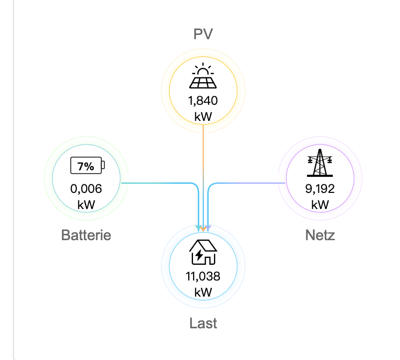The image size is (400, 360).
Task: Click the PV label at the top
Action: (x=203, y=34)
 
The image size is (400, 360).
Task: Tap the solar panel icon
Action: (x=203, y=77)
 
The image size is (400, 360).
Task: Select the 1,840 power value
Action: (x=203, y=100)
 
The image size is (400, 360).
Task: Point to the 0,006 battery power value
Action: (x=86, y=189)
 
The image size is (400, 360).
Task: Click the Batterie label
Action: (x=86, y=235)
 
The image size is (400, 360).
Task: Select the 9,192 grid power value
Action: (x=319, y=189)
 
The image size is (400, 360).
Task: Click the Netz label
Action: (x=319, y=235)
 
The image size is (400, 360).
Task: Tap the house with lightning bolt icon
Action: (x=203, y=252)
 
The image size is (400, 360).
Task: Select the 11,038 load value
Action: (x=203, y=277)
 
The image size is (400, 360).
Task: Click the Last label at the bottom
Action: (x=203, y=323)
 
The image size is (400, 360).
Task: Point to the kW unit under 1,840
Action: (x=203, y=116)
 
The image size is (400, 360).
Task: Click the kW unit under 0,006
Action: (x=86, y=205)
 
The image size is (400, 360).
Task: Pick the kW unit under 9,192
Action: (x=319, y=205)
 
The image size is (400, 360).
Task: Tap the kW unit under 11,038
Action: (x=203, y=292)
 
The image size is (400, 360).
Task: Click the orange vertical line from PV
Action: (x=203, y=156)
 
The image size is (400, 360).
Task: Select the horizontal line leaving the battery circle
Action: (x=156, y=183)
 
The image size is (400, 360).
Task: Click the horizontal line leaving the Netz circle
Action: (x=247, y=183)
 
